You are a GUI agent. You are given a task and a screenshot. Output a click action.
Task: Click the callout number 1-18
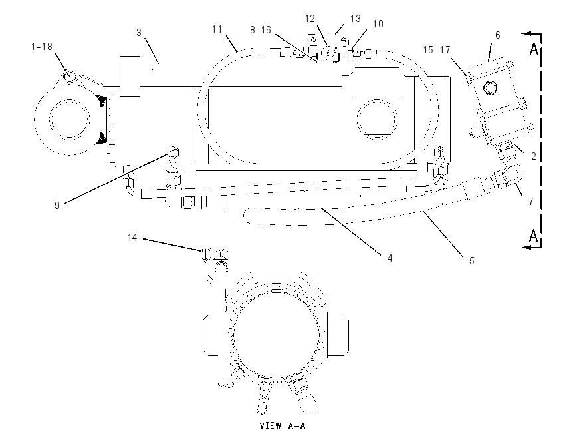point(42,47)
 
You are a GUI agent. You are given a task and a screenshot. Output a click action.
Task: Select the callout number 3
point(139,33)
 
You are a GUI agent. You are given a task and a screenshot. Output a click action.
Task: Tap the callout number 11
point(217,29)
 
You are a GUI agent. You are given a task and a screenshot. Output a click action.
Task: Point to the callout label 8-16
point(261,29)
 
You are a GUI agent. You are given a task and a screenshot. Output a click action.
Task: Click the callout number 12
point(310,19)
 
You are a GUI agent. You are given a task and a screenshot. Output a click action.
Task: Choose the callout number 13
point(356,19)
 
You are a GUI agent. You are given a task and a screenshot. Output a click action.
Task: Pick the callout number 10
point(378,24)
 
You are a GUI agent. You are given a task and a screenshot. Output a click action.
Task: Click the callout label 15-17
point(437,49)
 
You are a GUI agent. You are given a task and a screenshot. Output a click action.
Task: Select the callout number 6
point(498,35)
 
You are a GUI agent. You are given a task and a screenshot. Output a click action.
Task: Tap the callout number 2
point(534,156)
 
